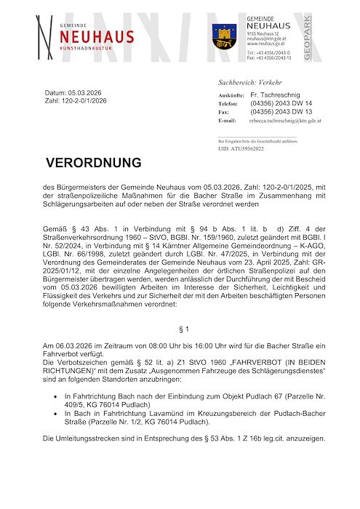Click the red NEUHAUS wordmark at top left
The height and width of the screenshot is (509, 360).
(97, 37)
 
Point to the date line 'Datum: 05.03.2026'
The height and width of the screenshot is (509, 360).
(76, 94)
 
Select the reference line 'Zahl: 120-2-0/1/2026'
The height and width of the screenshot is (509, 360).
(76, 102)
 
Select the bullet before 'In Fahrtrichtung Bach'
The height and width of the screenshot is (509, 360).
(57, 396)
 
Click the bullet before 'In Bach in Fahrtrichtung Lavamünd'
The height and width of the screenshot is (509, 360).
(57, 413)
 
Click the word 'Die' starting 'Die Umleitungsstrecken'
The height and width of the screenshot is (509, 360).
(49, 438)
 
